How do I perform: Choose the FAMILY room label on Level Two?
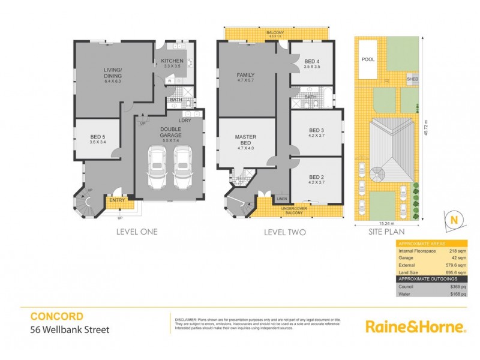245,76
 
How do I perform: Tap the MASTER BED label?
245,140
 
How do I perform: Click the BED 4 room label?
312,62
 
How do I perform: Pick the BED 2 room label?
316,178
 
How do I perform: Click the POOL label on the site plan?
367,59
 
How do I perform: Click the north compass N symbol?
454,220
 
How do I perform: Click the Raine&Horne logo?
415,326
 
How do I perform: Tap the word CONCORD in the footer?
56,316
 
